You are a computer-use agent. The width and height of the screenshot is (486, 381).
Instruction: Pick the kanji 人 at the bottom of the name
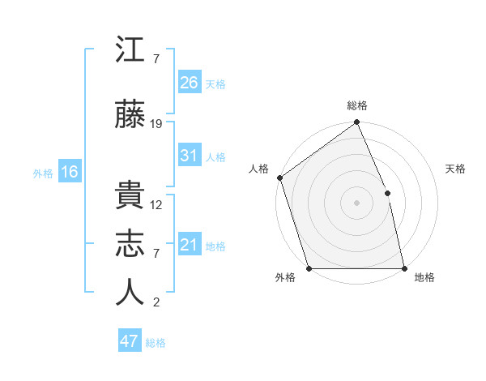(x=130, y=293)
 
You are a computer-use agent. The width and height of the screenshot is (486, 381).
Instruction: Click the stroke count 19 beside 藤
(x=156, y=124)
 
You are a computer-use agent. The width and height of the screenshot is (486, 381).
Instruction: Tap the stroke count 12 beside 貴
(x=156, y=205)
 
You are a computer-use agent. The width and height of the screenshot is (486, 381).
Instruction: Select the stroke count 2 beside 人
(x=156, y=302)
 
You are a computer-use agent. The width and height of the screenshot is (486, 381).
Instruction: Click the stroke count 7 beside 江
(x=156, y=59)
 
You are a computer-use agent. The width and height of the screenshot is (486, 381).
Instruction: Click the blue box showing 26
(x=190, y=83)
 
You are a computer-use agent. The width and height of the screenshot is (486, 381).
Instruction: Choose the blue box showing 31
(x=190, y=156)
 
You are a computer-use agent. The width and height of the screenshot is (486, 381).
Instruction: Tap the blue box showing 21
(x=190, y=245)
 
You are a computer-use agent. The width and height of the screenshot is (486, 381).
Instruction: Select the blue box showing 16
(x=70, y=171)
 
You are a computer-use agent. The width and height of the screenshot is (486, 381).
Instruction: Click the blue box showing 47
(x=130, y=341)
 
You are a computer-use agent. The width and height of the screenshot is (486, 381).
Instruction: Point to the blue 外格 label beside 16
(x=43, y=173)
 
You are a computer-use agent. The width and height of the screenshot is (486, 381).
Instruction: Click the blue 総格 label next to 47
(x=156, y=343)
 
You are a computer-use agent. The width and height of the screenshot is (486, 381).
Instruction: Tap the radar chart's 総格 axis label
(x=356, y=105)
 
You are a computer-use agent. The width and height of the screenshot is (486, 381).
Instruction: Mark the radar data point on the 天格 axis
(x=387, y=193)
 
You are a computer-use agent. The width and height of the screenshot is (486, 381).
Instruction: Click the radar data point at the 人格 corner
(x=279, y=178)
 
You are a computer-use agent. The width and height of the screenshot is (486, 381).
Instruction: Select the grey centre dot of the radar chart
(x=356, y=202)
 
